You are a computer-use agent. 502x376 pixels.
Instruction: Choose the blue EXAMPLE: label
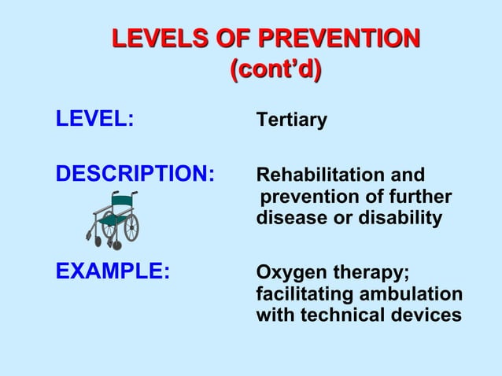[x=113, y=273]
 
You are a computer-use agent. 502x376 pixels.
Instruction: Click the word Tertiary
[x=291, y=121]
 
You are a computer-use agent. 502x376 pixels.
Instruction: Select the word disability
[x=400, y=218]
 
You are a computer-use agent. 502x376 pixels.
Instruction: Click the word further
[x=419, y=196]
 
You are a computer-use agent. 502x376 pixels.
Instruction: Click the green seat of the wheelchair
[x=115, y=221]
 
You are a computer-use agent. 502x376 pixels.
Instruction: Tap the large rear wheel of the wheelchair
[x=131, y=227]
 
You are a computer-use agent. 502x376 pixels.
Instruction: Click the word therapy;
[x=370, y=274]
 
